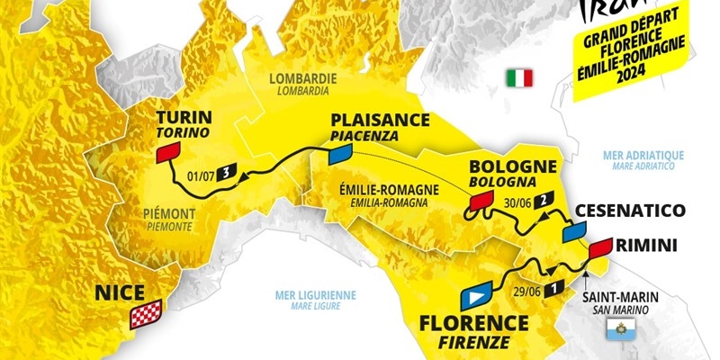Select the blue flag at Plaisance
coord(339,155)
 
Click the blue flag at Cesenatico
coord(574,231)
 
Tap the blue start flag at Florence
coord(474,296)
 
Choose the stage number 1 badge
coord(555,287)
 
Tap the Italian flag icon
coord(520,77)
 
